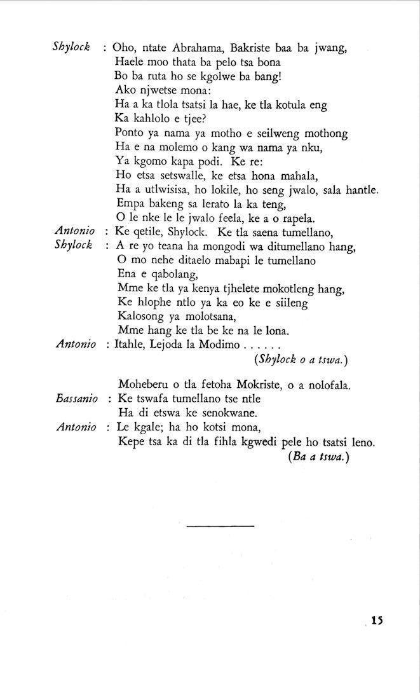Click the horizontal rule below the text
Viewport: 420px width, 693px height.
220,526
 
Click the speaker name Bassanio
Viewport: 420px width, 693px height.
76,399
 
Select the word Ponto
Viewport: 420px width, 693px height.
131,133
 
